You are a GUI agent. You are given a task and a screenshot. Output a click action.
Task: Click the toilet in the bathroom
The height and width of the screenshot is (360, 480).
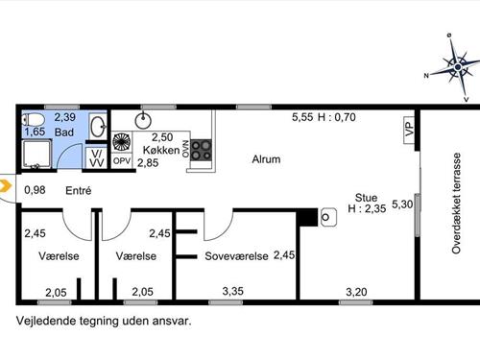[x=34, y=120]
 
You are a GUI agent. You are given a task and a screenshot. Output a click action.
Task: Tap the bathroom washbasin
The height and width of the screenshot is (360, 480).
[x=98, y=127]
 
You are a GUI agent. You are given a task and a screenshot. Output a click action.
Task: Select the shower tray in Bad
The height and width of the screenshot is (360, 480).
[x=37, y=155]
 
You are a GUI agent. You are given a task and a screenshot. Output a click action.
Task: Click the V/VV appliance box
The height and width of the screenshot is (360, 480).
[x=96, y=158]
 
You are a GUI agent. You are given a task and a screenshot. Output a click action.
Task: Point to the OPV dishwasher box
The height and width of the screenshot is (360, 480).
[x=122, y=161]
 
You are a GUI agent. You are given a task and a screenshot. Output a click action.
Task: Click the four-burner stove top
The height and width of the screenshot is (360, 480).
[x=202, y=150]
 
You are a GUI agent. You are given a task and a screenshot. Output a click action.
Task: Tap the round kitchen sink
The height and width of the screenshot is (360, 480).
[x=143, y=121]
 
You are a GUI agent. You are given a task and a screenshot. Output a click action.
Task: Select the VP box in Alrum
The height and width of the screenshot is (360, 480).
[x=409, y=130]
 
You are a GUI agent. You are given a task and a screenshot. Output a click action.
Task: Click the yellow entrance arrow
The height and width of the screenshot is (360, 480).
[x=6, y=186]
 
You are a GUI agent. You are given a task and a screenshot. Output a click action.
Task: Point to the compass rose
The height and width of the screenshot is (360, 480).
[x=458, y=67]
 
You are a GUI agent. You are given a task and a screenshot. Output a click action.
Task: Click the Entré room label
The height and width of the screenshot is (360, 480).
[x=79, y=191]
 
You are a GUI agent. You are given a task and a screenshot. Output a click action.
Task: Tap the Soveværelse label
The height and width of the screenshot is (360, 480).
[x=236, y=256]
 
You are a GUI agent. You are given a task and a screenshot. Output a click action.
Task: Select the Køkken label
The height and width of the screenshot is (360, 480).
[x=161, y=150]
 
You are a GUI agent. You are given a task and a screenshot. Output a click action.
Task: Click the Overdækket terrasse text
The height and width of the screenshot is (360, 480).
[x=457, y=204]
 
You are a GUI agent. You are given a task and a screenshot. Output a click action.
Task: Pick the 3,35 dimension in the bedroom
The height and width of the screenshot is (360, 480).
[x=232, y=291]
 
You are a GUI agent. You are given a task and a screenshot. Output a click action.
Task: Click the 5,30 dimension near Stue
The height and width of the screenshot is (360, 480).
[x=402, y=204]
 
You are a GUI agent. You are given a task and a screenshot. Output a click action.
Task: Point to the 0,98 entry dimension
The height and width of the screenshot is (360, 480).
[x=35, y=190]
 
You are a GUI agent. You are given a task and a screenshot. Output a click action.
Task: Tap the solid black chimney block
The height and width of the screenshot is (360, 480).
[x=307, y=217]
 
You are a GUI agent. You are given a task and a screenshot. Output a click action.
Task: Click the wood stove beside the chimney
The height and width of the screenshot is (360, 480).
[x=328, y=217]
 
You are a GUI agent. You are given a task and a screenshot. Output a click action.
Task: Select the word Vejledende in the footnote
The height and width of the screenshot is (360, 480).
[x=45, y=321]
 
